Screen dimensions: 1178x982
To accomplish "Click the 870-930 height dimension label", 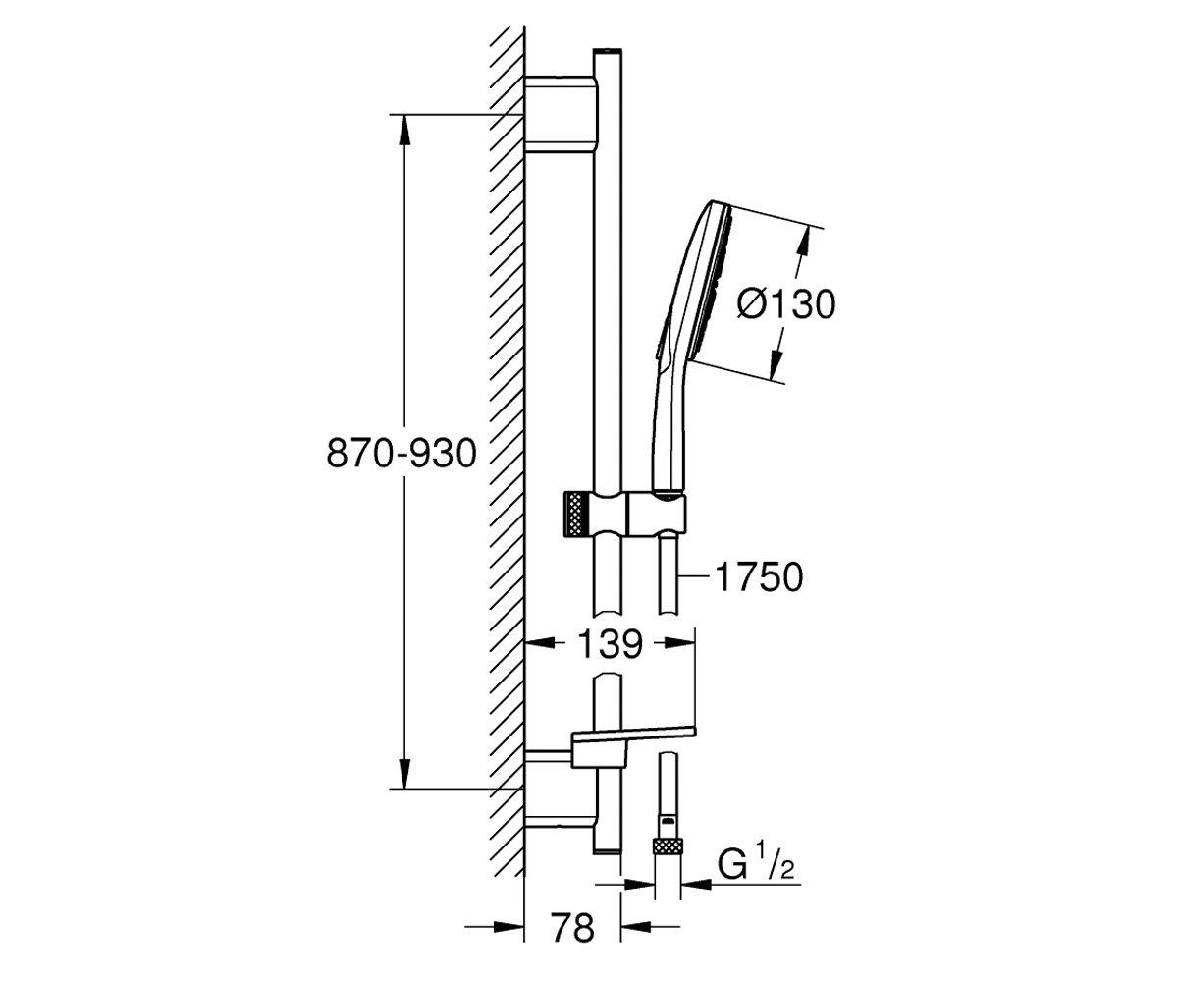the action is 402,454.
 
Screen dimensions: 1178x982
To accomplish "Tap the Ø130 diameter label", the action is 786,305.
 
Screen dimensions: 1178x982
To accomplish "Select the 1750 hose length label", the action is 759,577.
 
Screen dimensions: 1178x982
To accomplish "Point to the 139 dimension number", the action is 611,644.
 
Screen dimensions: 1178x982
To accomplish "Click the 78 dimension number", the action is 572,927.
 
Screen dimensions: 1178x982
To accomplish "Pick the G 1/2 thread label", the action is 755,867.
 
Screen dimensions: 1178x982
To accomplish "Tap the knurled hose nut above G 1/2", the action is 668,846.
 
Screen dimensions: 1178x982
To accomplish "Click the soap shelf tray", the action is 633,748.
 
